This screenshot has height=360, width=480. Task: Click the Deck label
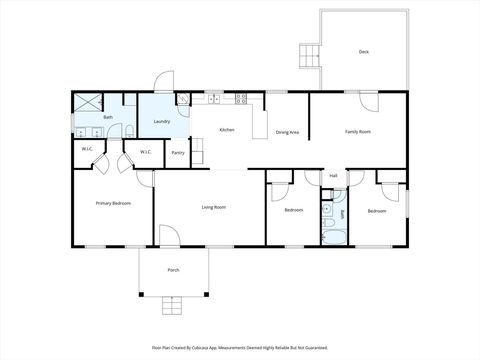tap(364, 51)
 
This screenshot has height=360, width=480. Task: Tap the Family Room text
tap(357, 131)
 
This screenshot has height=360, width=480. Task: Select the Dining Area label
tap(288, 131)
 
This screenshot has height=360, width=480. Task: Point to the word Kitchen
tap(227, 130)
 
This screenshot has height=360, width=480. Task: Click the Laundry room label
tap(161, 122)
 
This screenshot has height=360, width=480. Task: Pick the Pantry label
tap(177, 153)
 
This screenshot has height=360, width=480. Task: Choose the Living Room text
tap(213, 207)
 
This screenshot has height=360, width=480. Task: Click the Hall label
tap(333, 175)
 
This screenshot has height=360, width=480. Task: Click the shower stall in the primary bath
tap(88, 102)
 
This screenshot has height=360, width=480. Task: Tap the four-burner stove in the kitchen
tap(241, 98)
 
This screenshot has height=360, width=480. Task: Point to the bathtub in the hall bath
tap(333, 236)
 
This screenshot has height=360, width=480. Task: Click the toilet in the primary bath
tap(129, 130)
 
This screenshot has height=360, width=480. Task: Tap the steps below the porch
tap(173, 304)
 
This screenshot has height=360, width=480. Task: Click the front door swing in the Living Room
tap(169, 235)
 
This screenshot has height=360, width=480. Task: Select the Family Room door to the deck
tap(367, 101)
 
